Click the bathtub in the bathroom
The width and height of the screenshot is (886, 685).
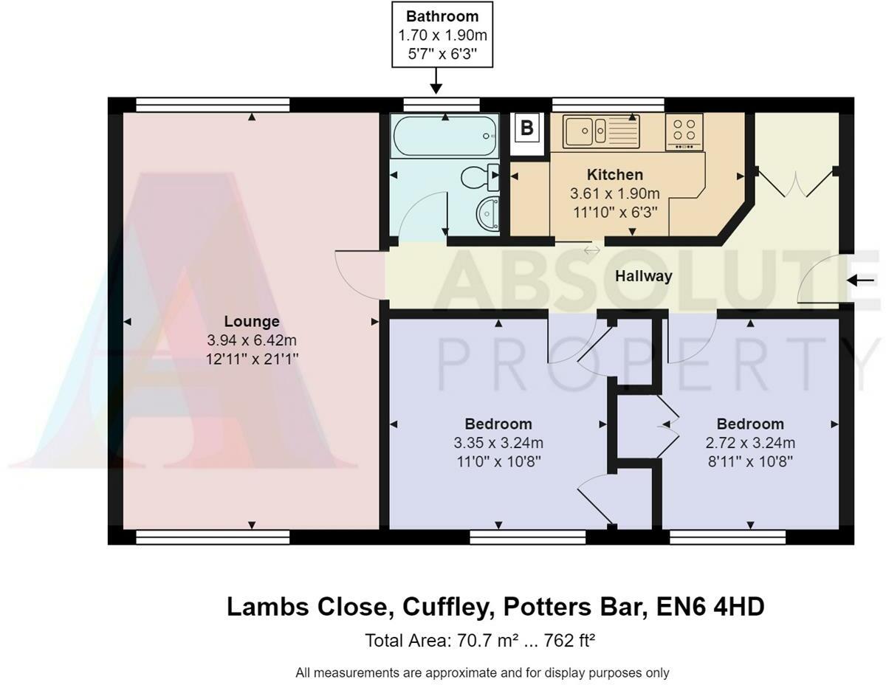click(444, 136)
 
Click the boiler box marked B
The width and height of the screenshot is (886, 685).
click(526, 128)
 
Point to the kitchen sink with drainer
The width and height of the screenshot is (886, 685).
click(601, 132)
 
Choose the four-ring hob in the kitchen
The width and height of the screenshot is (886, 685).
click(684, 131)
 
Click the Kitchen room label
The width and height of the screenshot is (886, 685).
click(614, 175)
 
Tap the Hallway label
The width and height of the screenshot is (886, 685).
click(644, 276)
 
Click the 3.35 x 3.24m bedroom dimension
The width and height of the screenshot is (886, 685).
click(498, 444)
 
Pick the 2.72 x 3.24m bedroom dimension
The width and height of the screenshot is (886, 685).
click(749, 444)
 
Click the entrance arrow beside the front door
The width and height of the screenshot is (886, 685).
click(860, 280)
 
